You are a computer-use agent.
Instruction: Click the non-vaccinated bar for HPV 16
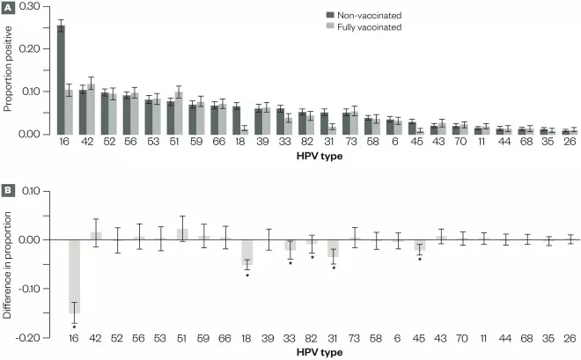point(61,79)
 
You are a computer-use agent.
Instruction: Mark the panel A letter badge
point(7,7)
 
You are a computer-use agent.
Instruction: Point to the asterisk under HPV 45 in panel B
point(420,259)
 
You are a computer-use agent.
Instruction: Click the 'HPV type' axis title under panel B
point(320,352)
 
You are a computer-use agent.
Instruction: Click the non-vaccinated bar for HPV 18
point(236,120)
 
